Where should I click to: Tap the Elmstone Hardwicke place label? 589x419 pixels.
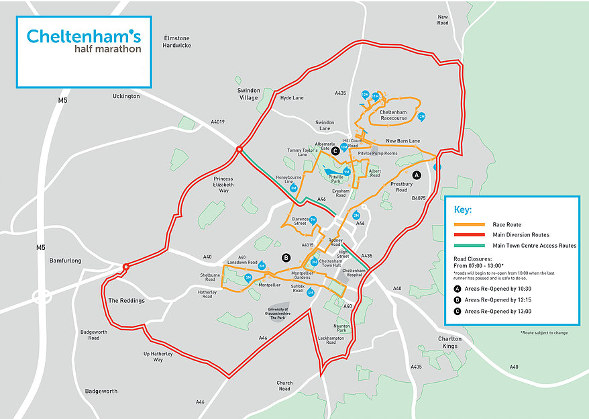[176, 42]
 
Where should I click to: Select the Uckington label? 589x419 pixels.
[126, 96]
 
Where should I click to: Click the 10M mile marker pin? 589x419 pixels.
[344, 146]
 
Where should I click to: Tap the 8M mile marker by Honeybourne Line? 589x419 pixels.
[294, 189]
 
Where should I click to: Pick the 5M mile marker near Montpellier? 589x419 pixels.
[248, 277]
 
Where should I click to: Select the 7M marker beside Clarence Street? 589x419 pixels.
[313, 220]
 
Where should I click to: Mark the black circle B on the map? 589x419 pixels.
[286, 258]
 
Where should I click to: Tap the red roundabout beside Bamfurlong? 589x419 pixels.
[125, 268]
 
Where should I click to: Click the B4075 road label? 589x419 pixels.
[419, 198]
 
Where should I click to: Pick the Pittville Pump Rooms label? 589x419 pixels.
[378, 153]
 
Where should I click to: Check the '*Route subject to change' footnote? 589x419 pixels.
[543, 332]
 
